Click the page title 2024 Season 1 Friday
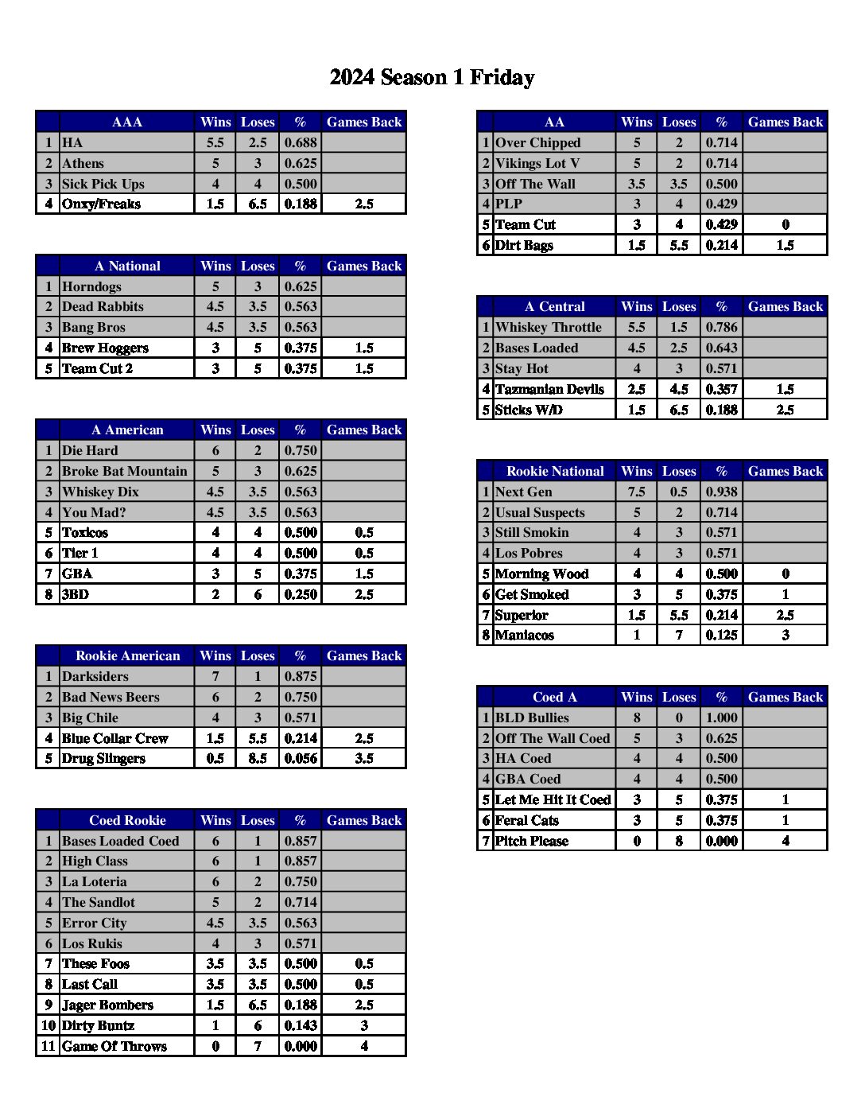[x=432, y=77]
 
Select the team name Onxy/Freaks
[x=101, y=204]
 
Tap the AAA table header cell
[x=127, y=122]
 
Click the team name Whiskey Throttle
[x=549, y=327]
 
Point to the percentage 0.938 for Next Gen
[x=721, y=492]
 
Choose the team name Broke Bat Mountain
[x=125, y=471]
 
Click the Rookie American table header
[x=127, y=655]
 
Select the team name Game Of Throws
[x=114, y=1046]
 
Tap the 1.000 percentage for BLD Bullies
[x=721, y=717]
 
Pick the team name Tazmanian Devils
[x=549, y=389]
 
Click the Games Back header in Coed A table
[x=785, y=697]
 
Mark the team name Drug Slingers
[x=103, y=758]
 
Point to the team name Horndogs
[x=91, y=286]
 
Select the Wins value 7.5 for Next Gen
[x=636, y=492]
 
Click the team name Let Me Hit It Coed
[x=553, y=799]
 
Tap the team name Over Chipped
[x=538, y=142]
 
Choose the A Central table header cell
[x=554, y=306]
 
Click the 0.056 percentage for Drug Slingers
[x=301, y=758]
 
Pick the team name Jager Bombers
[x=107, y=1005]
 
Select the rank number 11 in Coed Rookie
[x=48, y=1046]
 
